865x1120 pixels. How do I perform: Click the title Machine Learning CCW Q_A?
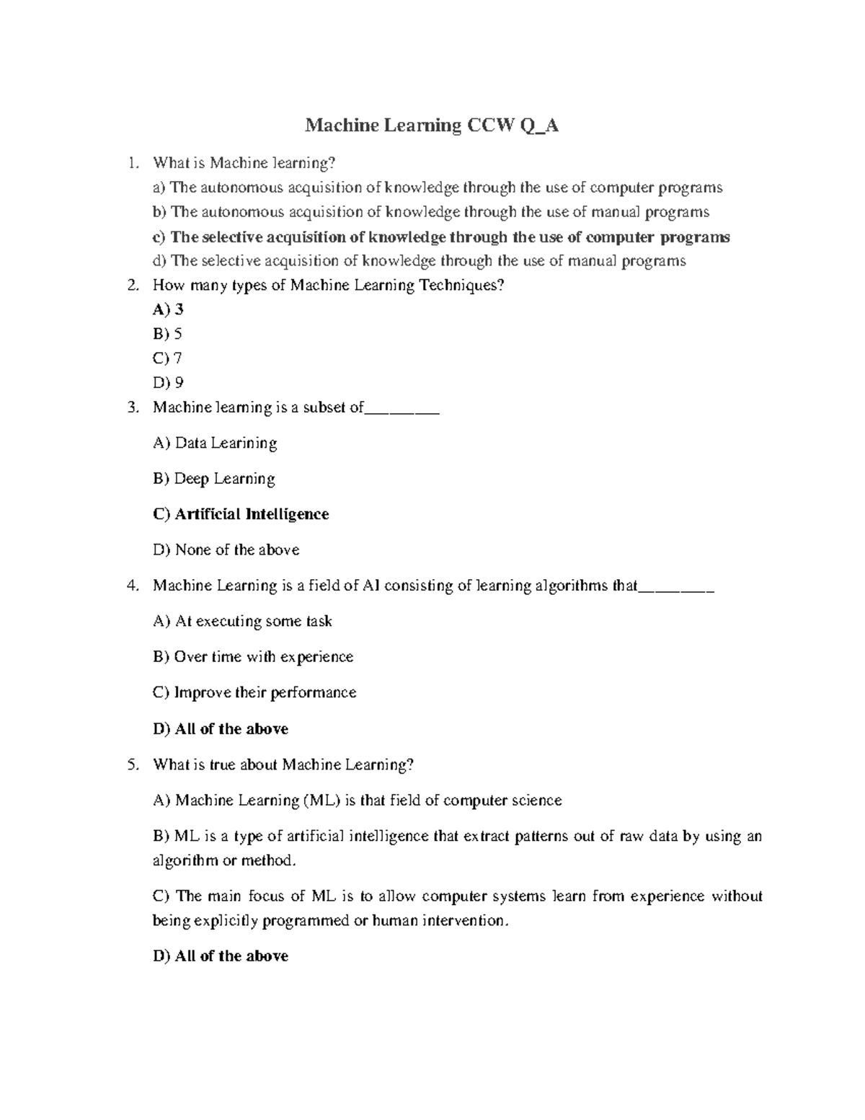[x=432, y=125]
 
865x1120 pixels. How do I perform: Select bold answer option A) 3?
[x=168, y=309]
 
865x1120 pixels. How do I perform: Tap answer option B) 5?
[x=167, y=334]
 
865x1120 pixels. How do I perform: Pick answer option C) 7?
[x=167, y=358]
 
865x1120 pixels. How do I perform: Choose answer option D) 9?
[x=168, y=382]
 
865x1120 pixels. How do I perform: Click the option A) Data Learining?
[x=215, y=443]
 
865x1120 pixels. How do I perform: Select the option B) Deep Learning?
[x=214, y=479]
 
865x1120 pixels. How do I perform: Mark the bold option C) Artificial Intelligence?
[x=241, y=514]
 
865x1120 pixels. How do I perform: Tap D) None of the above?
[x=226, y=550]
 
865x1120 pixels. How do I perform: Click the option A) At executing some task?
[x=242, y=621]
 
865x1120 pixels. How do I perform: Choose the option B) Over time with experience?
[x=253, y=657]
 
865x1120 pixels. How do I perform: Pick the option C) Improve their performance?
[x=254, y=692]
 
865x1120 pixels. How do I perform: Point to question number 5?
[x=131, y=764]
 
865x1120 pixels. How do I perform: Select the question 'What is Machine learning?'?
[x=244, y=164]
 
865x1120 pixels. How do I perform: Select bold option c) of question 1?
[x=441, y=237]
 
